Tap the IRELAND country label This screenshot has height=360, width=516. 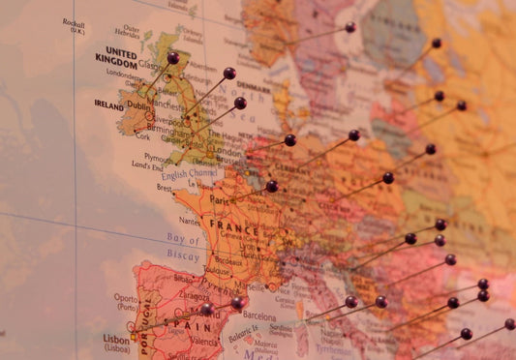click(108, 105)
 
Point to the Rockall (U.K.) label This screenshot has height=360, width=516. click(74, 26)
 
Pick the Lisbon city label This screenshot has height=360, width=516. click(116, 340)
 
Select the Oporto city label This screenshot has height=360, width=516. click(125, 299)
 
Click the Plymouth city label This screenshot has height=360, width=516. click(159, 157)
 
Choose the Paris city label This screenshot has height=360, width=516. click(221, 200)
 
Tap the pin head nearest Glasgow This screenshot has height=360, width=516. click(172, 58)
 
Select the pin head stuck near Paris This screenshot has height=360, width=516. click(271, 186)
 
